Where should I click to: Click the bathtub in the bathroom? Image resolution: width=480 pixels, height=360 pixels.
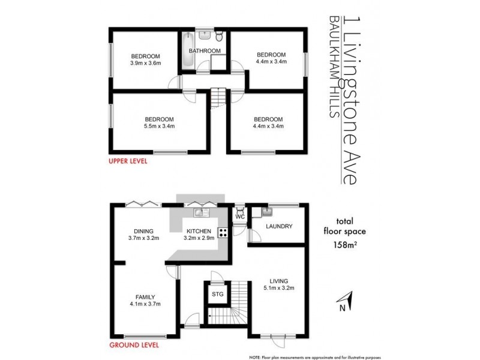183,50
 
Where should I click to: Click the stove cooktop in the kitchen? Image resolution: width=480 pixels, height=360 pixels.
222,233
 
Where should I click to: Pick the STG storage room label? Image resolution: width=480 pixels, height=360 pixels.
217,295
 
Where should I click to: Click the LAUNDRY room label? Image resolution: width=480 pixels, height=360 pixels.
278,226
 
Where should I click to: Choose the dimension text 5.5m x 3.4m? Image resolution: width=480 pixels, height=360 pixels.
158,126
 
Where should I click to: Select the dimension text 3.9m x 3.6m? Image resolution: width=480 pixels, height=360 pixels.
145,62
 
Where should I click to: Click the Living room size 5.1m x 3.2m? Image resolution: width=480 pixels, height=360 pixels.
279,288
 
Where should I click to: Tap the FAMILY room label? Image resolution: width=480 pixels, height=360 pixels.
145,296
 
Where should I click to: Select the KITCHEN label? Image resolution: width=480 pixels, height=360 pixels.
198,231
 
